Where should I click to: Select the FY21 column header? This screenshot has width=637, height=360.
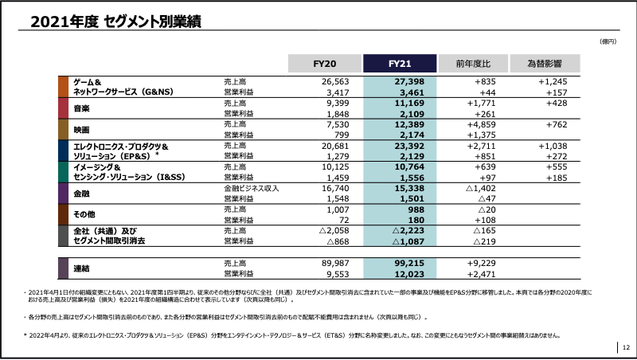pyautogui.click(x=399, y=64)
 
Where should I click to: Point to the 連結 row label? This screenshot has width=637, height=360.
pyautogui.click(x=82, y=268)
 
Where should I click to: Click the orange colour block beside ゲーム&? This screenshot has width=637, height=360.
pyautogui.click(x=63, y=87)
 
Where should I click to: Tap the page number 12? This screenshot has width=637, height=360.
pyautogui.click(x=626, y=346)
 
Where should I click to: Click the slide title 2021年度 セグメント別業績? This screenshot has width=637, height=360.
pyautogui.click(x=115, y=22)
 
